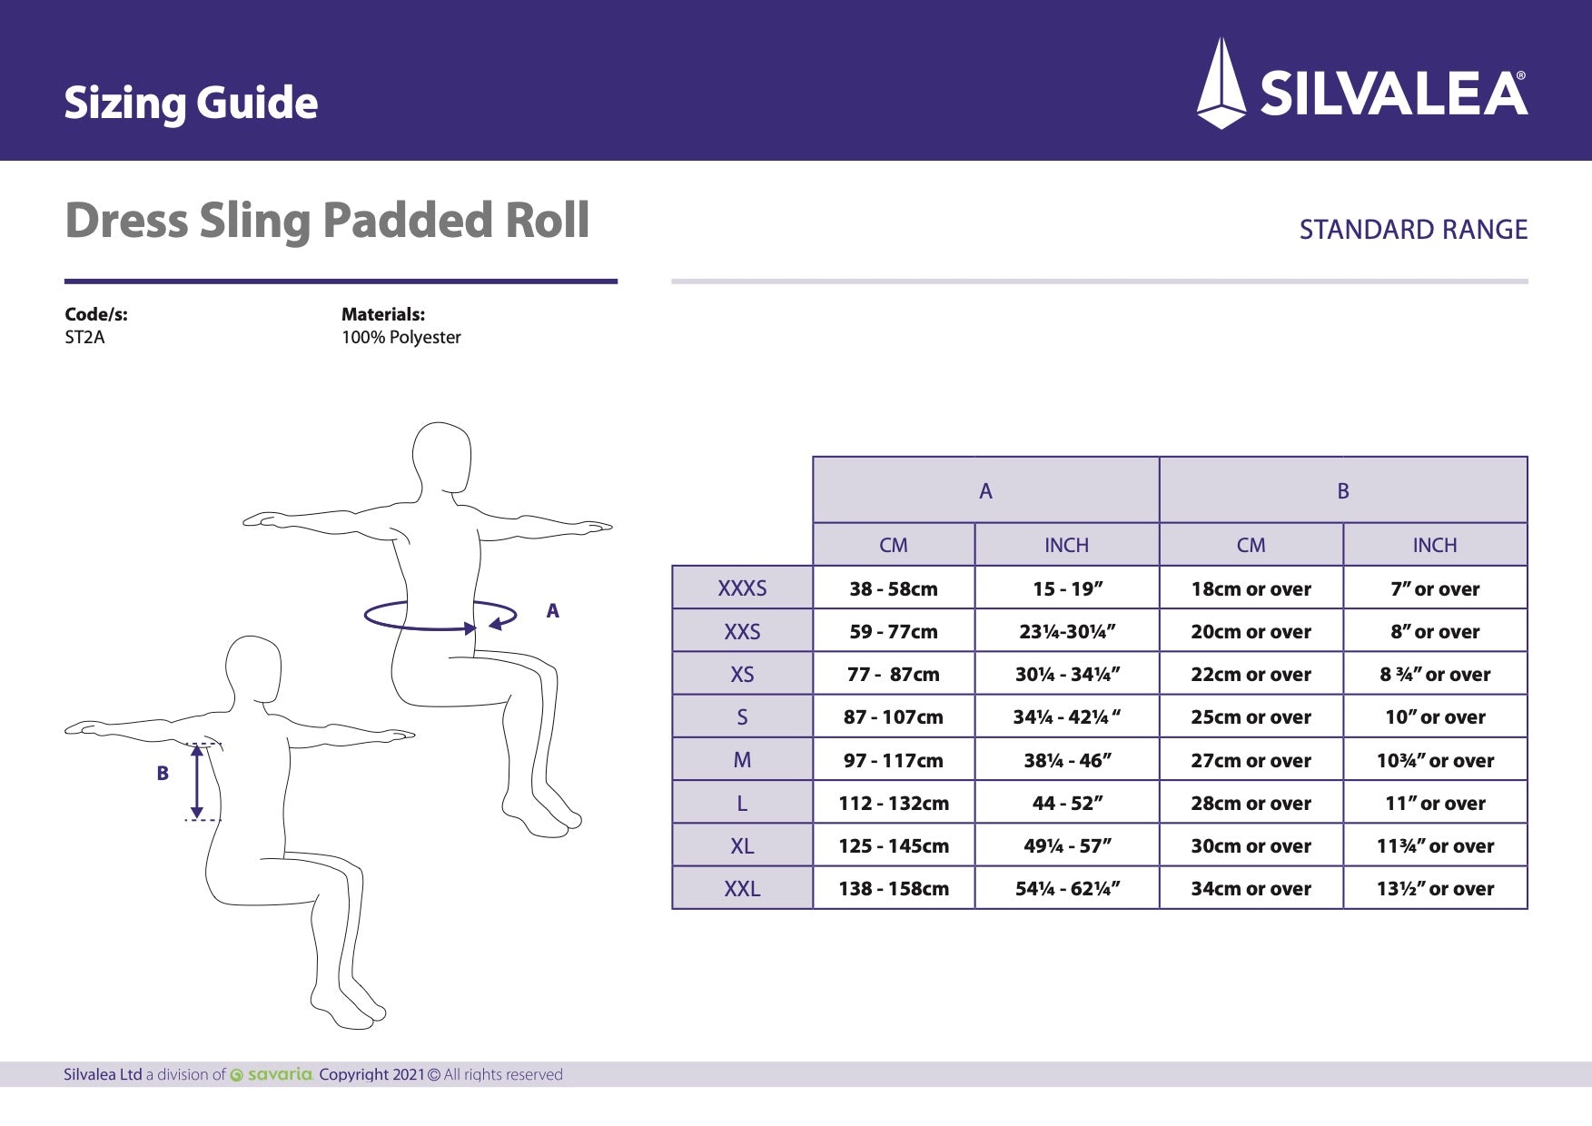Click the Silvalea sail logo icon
coord(1221,84)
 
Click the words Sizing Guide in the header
coord(191,103)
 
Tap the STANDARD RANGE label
coord(1412,230)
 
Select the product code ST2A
coord(84,338)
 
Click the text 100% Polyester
coord(400,338)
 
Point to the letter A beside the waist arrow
coord(552,611)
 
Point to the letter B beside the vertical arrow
coord(163,774)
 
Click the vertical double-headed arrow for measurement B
coord(197,781)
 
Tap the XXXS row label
coord(742,588)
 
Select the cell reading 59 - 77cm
coord(894,632)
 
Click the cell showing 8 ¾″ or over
coord(1435,675)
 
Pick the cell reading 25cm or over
coord(1251,717)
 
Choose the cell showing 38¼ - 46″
coord(1067,761)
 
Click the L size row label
coord(742,804)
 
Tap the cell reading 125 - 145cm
coord(894,846)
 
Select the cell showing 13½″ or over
coord(1435,889)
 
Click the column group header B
coord(1343,491)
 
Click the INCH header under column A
coord(1066,545)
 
